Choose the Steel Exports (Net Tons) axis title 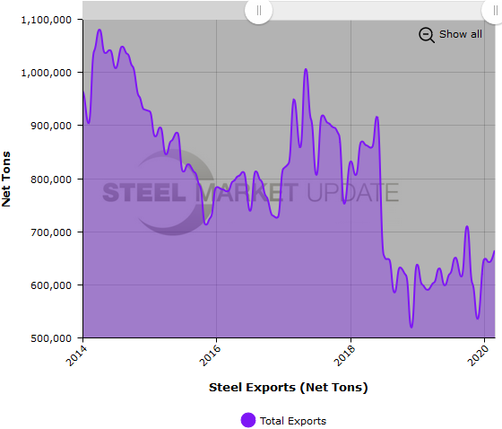[288, 388]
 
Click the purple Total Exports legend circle [247, 420]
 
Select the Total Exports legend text [293, 420]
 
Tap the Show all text [460, 34]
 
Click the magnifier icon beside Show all [427, 35]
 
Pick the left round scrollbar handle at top [258, 11]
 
